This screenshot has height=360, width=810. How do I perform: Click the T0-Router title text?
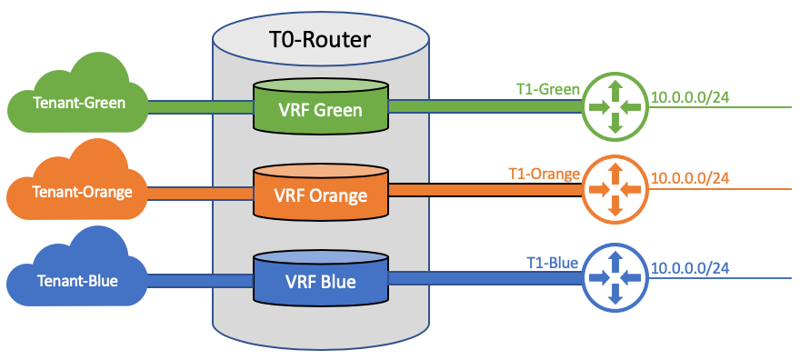click(x=320, y=41)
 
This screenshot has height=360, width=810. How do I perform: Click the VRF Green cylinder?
click(x=320, y=107)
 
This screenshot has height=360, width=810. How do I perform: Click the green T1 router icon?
click(x=615, y=106)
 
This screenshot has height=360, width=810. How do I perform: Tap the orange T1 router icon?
click(x=615, y=190)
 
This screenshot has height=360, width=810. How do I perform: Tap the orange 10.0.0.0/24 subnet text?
click(x=691, y=178)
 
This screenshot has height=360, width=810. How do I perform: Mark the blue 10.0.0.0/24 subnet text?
click(x=691, y=268)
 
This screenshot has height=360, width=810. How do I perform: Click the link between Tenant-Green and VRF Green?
click(x=200, y=107)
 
